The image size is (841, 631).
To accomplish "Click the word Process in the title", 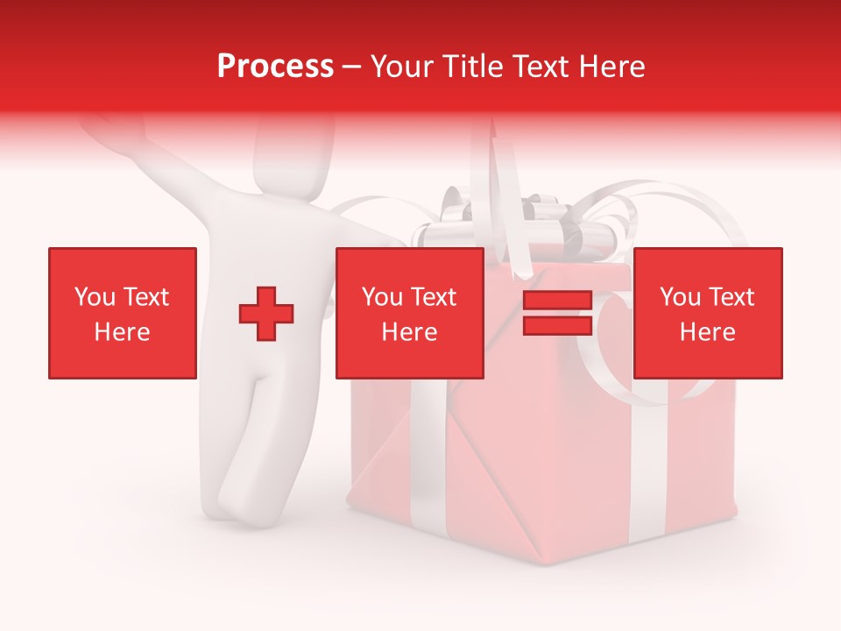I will (275, 67).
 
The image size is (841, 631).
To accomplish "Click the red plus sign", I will (266, 314).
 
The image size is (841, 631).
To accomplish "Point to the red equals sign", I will (557, 314).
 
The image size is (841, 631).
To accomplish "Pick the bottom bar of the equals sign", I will (557, 326).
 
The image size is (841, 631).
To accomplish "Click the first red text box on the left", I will (122, 313).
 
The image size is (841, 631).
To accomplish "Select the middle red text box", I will (409, 313).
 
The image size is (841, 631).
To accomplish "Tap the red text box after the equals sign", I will (707, 313).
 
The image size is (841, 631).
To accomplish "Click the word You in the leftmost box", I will (95, 297).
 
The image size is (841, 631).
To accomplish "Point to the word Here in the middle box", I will (409, 332).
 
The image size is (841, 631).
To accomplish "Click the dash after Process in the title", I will (352, 67).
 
